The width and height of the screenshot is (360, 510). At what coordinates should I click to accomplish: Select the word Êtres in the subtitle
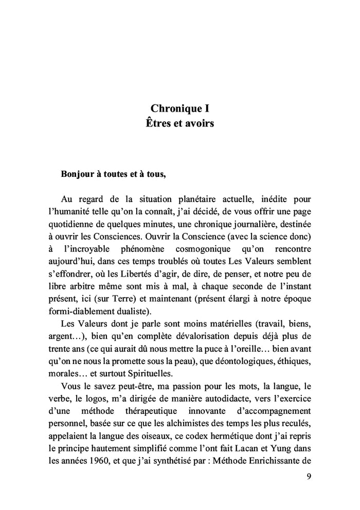click(x=159, y=124)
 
